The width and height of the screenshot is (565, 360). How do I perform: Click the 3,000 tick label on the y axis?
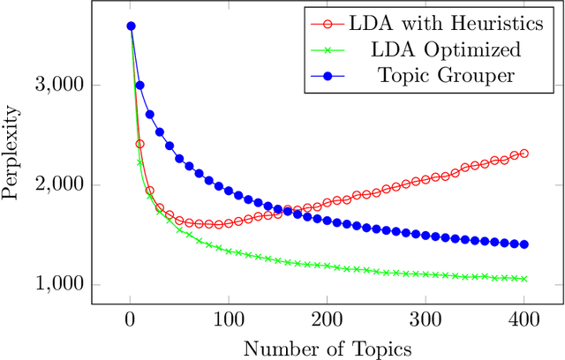(x=57, y=86)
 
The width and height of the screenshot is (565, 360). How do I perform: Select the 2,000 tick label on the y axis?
(x=57, y=185)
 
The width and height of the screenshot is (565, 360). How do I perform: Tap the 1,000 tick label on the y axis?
(x=57, y=285)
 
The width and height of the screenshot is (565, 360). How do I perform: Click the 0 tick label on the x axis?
(x=131, y=320)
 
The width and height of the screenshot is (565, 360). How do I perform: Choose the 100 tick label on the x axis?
(x=229, y=320)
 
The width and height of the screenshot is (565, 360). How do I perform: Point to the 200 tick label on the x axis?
(x=328, y=320)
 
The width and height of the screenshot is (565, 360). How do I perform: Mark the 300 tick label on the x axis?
(x=426, y=320)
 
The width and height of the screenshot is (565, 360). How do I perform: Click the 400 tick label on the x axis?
(x=524, y=320)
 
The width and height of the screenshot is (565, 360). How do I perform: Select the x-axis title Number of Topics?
(x=328, y=347)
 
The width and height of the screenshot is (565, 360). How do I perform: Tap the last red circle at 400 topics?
(x=524, y=154)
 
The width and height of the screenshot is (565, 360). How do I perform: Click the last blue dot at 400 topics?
(x=524, y=244)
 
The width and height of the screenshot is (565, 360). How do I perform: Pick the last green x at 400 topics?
(x=524, y=279)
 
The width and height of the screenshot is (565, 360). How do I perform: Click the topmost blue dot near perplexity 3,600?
(x=131, y=26)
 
